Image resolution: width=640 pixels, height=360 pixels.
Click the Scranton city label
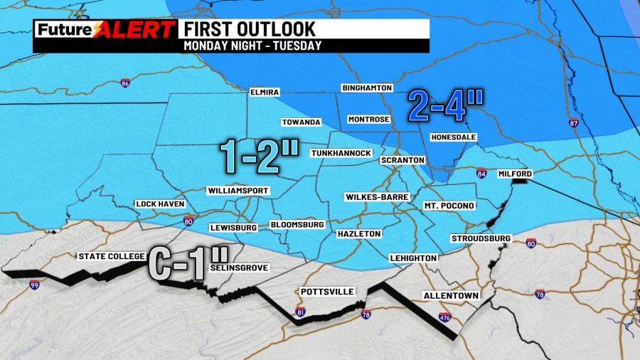pyautogui.click(x=402, y=160)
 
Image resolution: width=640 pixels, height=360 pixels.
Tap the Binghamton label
pyautogui.click(x=367, y=88)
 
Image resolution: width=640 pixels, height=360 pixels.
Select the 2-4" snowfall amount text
pyautogui.click(x=446, y=107)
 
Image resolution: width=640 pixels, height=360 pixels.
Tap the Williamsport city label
pyautogui.click(x=238, y=191)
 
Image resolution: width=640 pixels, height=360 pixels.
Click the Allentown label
pyautogui.click(x=451, y=295)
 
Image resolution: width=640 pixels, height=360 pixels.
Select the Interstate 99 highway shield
pyautogui.click(x=34, y=285)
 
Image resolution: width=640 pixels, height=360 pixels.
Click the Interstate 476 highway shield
pyautogui.click(x=445, y=317)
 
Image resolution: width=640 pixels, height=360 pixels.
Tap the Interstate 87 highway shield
pyautogui.click(x=573, y=124)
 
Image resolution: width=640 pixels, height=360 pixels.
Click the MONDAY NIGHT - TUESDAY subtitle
pyautogui.click(x=252, y=46)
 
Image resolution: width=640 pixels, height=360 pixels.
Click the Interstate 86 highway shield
pyautogui.click(x=126, y=83)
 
